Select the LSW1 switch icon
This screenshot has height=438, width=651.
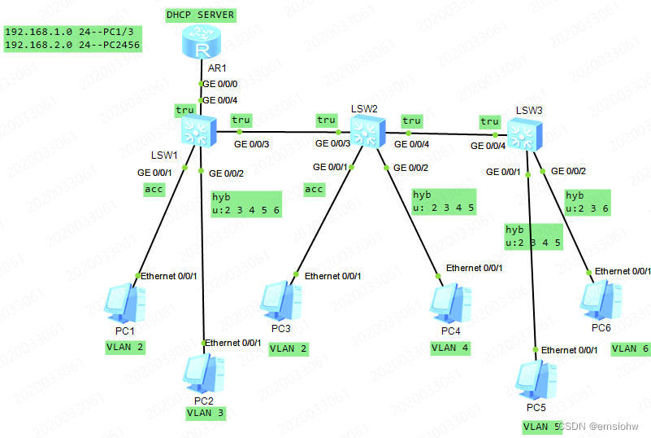197,131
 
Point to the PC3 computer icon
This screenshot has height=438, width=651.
281,302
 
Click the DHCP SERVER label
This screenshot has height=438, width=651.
200,15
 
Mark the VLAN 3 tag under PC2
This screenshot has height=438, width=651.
206,413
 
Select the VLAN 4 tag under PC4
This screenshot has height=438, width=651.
450,347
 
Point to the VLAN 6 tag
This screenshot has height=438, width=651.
630,348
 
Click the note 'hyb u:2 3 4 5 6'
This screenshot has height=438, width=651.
245,204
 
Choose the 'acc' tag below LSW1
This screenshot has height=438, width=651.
154,190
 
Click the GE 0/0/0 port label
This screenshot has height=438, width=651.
219,83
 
